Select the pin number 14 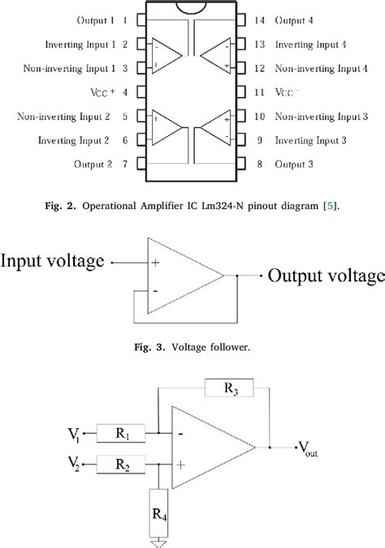(259, 19)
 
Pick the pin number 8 (259, 165)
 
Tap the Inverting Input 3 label (312, 141)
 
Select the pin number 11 (259, 92)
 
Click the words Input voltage (54, 260)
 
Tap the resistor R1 (120, 435)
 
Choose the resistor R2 (120, 465)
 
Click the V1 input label (74, 435)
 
